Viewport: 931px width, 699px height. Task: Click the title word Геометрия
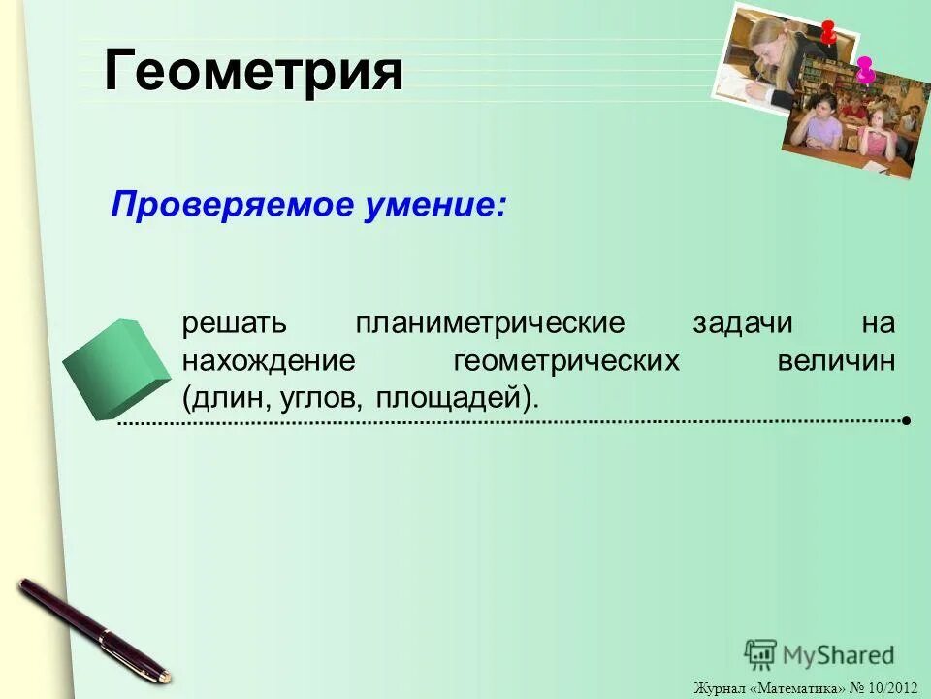[253, 71]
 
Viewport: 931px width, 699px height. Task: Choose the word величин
[836, 361]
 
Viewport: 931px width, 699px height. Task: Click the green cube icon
[114, 366]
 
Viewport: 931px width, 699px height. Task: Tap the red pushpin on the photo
[827, 31]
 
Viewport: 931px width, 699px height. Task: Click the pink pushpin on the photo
[865, 69]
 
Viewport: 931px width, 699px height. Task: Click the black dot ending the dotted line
[905, 421]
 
